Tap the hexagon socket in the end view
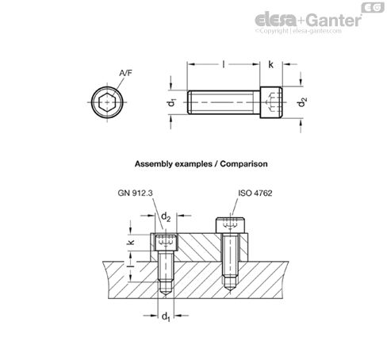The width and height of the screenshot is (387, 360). tap(105, 101)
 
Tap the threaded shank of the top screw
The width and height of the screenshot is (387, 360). tap(222, 101)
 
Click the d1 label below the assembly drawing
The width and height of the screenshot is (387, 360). tap(166, 320)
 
